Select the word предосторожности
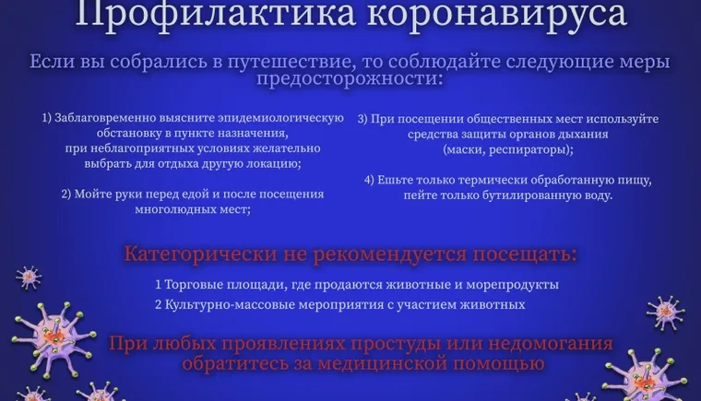[350, 80]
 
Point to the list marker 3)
[363, 119]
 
